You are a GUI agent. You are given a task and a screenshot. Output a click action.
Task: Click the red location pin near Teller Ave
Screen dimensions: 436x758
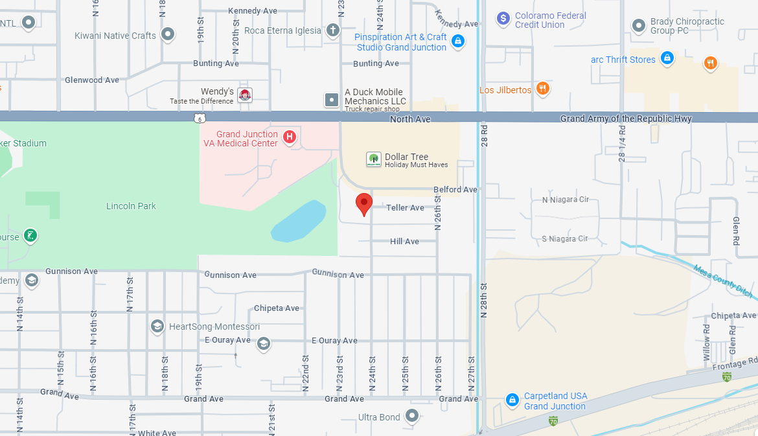pyautogui.click(x=364, y=203)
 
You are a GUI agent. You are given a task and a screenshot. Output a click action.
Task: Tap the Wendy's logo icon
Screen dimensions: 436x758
pyautogui.click(x=245, y=96)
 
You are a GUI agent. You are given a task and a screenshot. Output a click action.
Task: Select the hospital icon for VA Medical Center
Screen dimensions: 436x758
pyautogui.click(x=290, y=137)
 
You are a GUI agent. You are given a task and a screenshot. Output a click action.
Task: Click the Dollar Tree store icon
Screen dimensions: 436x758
pyautogui.click(x=373, y=159)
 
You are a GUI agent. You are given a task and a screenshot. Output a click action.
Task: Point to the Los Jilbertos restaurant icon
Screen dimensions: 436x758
pyautogui.click(x=543, y=89)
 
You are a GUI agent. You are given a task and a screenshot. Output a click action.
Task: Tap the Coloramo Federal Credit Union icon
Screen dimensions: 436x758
pyautogui.click(x=503, y=19)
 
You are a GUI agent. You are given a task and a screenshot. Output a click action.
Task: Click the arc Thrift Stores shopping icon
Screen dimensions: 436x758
pyautogui.click(x=667, y=60)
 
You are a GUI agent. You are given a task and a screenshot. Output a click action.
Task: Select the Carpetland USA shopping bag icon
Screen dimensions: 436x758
pyautogui.click(x=512, y=400)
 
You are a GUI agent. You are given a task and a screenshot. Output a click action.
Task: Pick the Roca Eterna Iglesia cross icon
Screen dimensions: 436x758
pyautogui.click(x=332, y=30)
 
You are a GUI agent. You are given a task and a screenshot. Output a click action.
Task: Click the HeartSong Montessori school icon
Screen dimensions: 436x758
pyautogui.click(x=157, y=326)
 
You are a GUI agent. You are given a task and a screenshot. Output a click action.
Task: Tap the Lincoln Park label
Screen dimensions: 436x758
pyautogui.click(x=131, y=206)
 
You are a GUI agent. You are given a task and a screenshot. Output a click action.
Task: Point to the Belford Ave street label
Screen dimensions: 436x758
pyautogui.click(x=455, y=189)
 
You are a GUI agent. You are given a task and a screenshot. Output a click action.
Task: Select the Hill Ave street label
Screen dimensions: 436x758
pyautogui.click(x=404, y=241)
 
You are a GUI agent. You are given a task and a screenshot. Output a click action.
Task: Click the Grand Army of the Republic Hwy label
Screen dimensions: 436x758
pyautogui.click(x=626, y=119)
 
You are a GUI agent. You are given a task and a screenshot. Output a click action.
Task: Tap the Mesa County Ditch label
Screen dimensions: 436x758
pyautogui.click(x=723, y=280)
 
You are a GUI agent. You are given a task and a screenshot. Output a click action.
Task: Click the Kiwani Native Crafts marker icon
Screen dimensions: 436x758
pyautogui.click(x=168, y=34)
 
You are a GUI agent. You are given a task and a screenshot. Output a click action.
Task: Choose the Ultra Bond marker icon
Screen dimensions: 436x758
pyautogui.click(x=412, y=416)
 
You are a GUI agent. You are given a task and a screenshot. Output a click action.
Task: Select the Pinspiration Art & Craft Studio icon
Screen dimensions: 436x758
pyautogui.click(x=458, y=41)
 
